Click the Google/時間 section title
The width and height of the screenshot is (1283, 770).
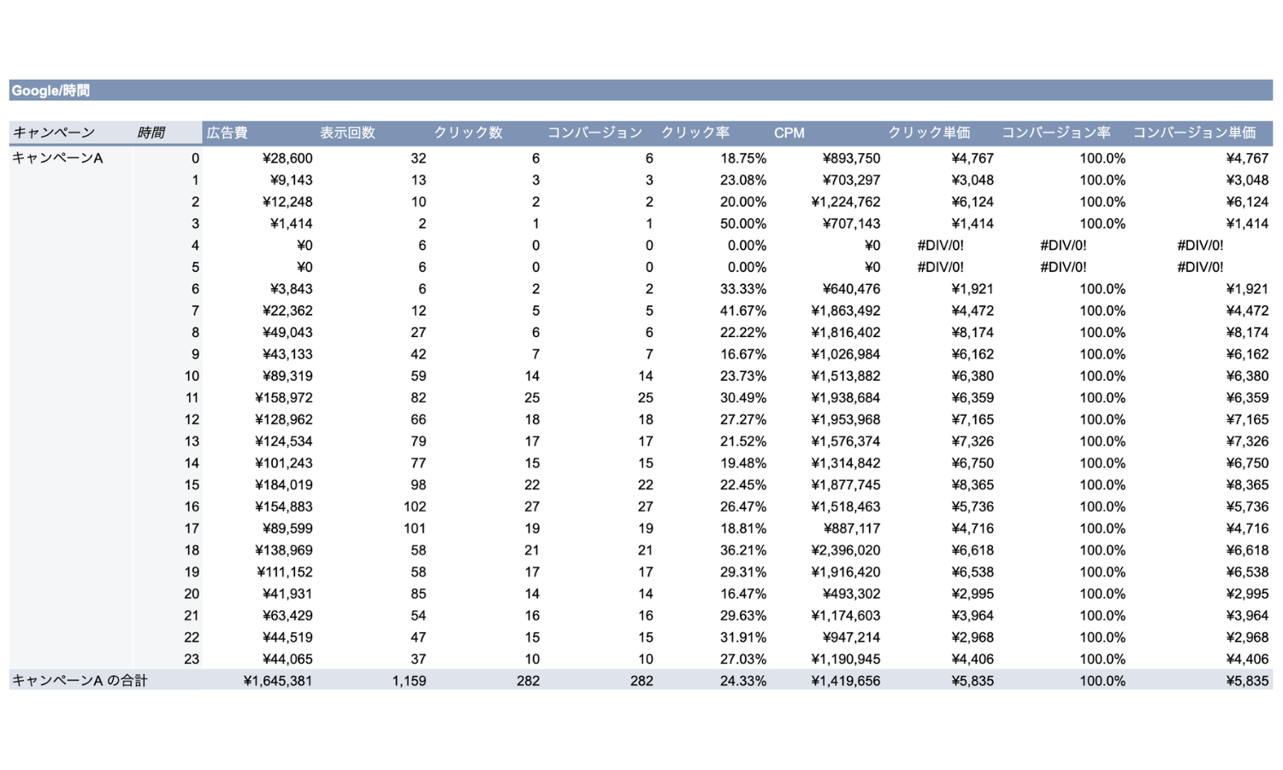click(50, 91)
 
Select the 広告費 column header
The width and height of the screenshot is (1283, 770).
click(227, 133)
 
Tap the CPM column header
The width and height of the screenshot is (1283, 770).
click(789, 133)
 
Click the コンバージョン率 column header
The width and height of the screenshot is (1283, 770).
click(1055, 133)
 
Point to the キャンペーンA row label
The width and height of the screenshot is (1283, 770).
click(57, 158)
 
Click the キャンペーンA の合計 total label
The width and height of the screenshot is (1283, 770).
click(80, 681)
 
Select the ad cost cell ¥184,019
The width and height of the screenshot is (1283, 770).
click(283, 485)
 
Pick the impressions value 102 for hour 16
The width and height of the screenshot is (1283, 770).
click(415, 506)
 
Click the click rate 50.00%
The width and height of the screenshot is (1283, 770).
click(743, 223)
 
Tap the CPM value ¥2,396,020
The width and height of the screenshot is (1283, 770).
click(845, 550)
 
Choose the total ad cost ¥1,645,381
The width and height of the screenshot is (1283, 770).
click(278, 681)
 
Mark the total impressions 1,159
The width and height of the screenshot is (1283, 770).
click(409, 681)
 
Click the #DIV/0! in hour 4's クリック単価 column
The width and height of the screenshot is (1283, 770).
click(941, 246)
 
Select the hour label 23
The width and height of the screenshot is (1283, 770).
click(192, 659)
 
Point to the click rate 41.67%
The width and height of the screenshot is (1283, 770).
click(743, 311)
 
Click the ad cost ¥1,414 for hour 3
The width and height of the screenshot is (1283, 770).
click(291, 223)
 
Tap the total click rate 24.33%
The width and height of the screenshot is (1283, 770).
click(743, 681)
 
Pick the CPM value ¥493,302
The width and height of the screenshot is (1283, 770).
click(851, 594)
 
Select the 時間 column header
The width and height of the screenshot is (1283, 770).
click(151, 133)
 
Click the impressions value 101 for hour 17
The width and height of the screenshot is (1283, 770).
click(415, 528)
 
